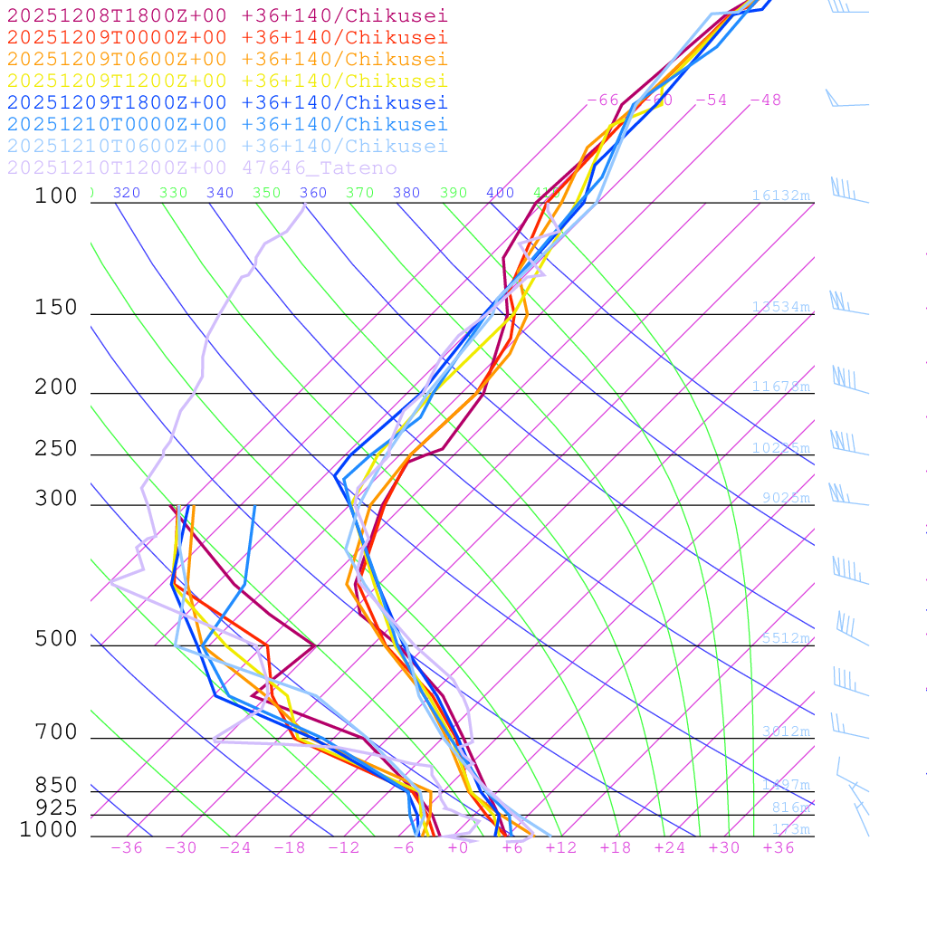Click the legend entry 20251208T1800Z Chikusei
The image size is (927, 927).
227,14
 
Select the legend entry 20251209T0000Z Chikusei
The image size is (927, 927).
227,37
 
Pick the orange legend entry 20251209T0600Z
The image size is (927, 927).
227,59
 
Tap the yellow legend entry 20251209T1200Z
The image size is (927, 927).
227,81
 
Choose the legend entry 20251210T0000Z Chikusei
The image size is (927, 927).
227,124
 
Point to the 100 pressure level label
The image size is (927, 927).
56,196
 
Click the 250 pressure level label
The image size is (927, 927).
56,449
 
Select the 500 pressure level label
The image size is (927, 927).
56,639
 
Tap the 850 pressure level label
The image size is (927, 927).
56,786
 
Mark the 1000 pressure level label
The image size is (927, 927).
48,830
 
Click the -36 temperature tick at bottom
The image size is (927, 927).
126,847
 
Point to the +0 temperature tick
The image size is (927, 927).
458,847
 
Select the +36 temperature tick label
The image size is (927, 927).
778,847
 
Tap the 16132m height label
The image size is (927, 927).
780,196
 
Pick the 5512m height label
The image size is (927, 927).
785,638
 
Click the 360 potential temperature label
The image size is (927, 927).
313,193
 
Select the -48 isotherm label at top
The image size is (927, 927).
765,100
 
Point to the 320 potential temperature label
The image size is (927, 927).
127,193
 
